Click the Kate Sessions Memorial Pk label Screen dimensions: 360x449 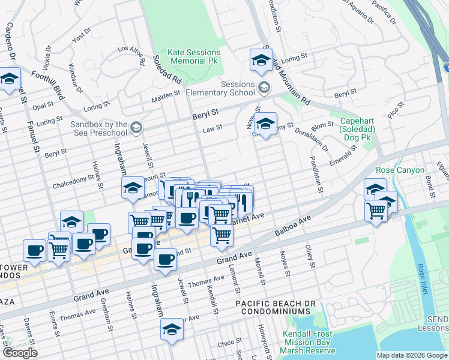pos(194,57)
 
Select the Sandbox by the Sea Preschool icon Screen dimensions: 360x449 pos(136,126)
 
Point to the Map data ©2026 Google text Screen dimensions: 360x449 pos(412,355)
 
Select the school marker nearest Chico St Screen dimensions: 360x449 pos(172,329)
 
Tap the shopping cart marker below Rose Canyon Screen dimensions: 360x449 pos(376,211)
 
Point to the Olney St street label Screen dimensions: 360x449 pos(310,255)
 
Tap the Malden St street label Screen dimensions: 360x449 pos(166,95)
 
